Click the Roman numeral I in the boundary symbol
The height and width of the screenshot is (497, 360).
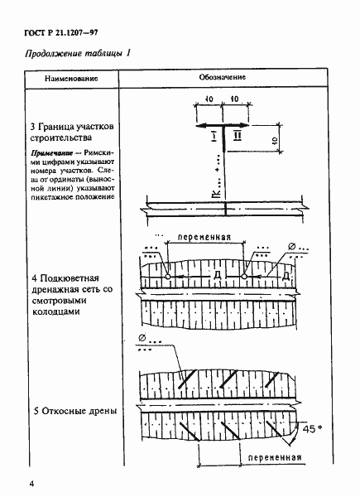[x=213, y=135]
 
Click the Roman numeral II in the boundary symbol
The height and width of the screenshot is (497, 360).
[x=236, y=135]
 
